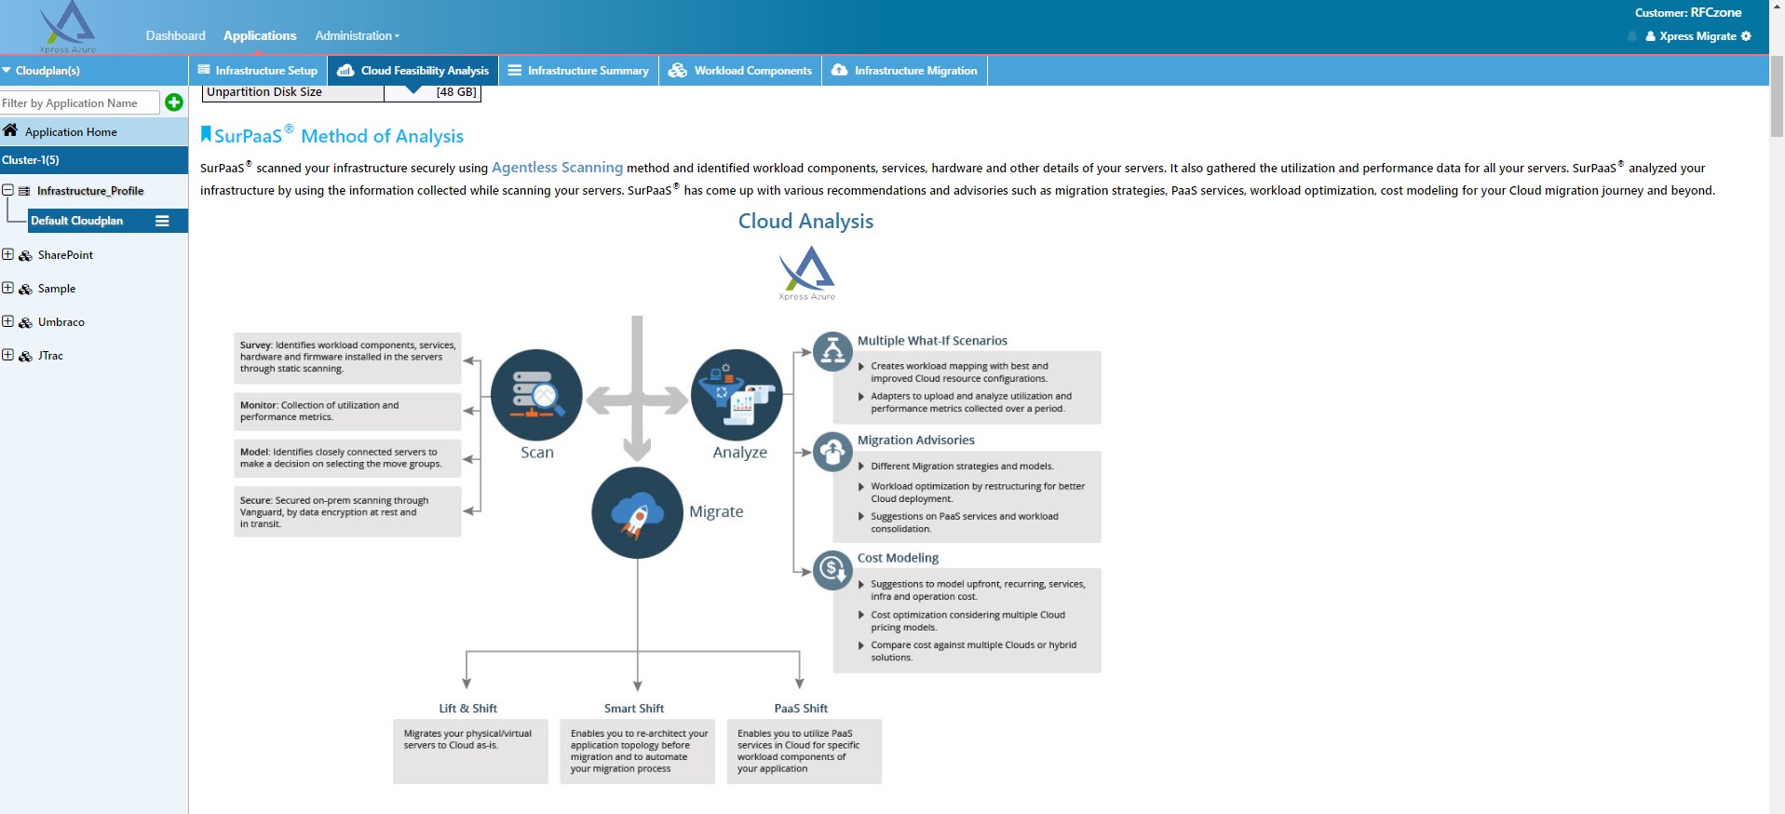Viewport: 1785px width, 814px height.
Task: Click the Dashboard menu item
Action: (x=175, y=35)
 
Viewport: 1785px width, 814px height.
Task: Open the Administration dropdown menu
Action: (x=357, y=35)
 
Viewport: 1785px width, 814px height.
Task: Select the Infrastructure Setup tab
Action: (x=258, y=71)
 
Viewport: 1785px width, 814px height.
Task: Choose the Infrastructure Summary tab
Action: (x=578, y=71)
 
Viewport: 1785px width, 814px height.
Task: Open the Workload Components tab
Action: (x=740, y=71)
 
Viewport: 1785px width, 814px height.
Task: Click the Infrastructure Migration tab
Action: (x=904, y=71)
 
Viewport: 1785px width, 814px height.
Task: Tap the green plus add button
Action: (x=174, y=102)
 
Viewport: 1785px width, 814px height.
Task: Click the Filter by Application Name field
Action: (x=80, y=103)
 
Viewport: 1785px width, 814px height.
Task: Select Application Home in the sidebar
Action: (x=71, y=132)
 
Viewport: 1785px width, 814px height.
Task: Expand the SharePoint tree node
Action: (x=8, y=254)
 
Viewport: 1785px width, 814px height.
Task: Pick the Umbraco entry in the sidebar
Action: (x=61, y=322)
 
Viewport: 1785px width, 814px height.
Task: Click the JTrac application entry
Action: (x=50, y=356)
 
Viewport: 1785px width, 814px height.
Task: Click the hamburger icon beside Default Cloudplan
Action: (x=162, y=221)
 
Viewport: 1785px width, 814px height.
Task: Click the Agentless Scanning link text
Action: (x=557, y=168)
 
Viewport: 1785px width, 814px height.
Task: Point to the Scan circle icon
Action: (x=536, y=395)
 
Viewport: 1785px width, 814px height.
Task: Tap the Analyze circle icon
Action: (x=737, y=395)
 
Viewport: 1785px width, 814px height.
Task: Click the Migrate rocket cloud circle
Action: (x=637, y=513)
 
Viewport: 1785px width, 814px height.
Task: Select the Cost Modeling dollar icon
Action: (x=832, y=568)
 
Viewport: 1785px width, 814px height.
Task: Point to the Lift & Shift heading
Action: (x=467, y=709)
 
